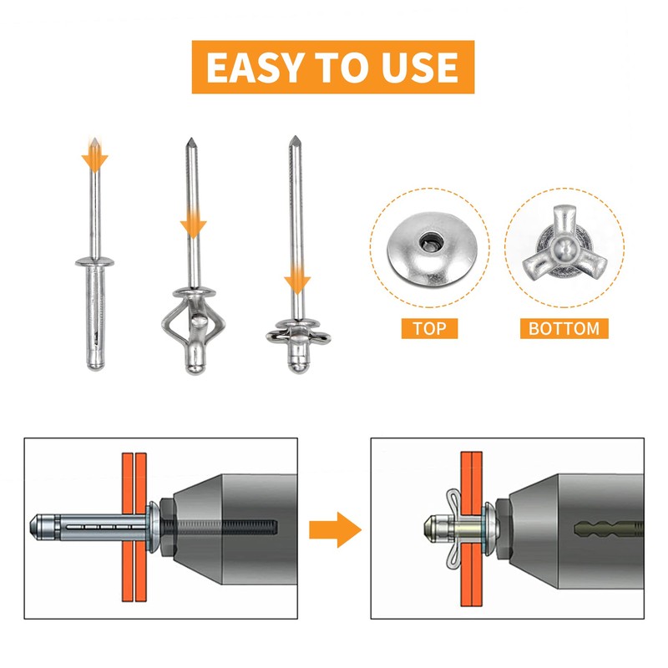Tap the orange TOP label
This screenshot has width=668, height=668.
(x=429, y=328)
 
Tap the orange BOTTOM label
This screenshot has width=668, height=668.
(x=564, y=328)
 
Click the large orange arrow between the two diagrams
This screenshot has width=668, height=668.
(x=336, y=529)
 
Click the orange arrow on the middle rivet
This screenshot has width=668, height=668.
(x=193, y=223)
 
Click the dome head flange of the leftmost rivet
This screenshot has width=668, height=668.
(x=94, y=261)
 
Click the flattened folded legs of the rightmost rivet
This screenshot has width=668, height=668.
(x=298, y=335)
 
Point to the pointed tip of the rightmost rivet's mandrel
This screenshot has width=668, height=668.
(x=295, y=136)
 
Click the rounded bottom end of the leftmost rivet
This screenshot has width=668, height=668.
(x=95, y=363)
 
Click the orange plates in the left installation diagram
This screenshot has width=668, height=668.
(x=134, y=527)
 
